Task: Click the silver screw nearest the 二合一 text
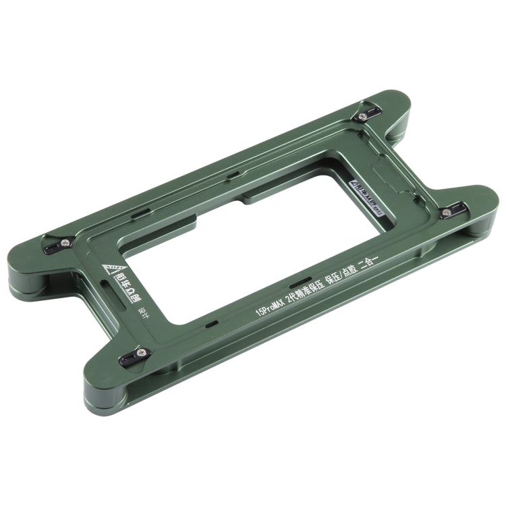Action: [x=447, y=211]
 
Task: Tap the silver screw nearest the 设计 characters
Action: [x=141, y=352]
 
